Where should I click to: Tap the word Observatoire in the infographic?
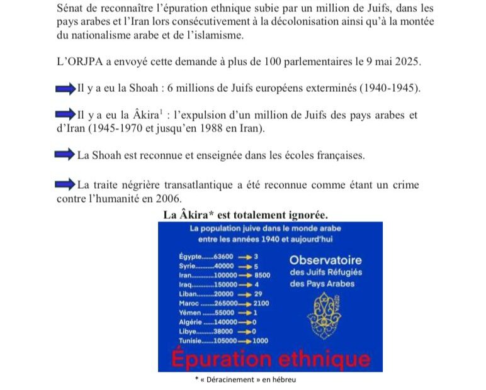click(325, 260)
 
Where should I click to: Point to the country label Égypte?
click(190, 257)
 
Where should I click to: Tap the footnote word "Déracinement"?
click(235, 380)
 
